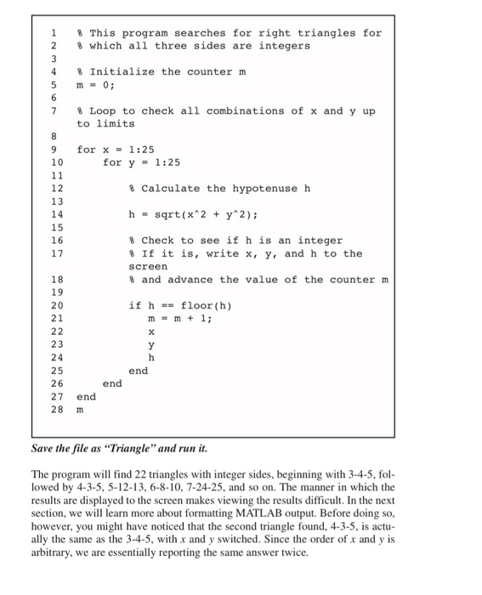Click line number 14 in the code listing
[57, 214]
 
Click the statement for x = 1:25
[115, 149]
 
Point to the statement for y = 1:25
[141, 162]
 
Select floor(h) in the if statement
[201, 305]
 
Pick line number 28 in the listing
[57, 409]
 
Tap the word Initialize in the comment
[122, 71]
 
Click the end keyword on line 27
[86, 396]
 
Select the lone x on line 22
[152, 331]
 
